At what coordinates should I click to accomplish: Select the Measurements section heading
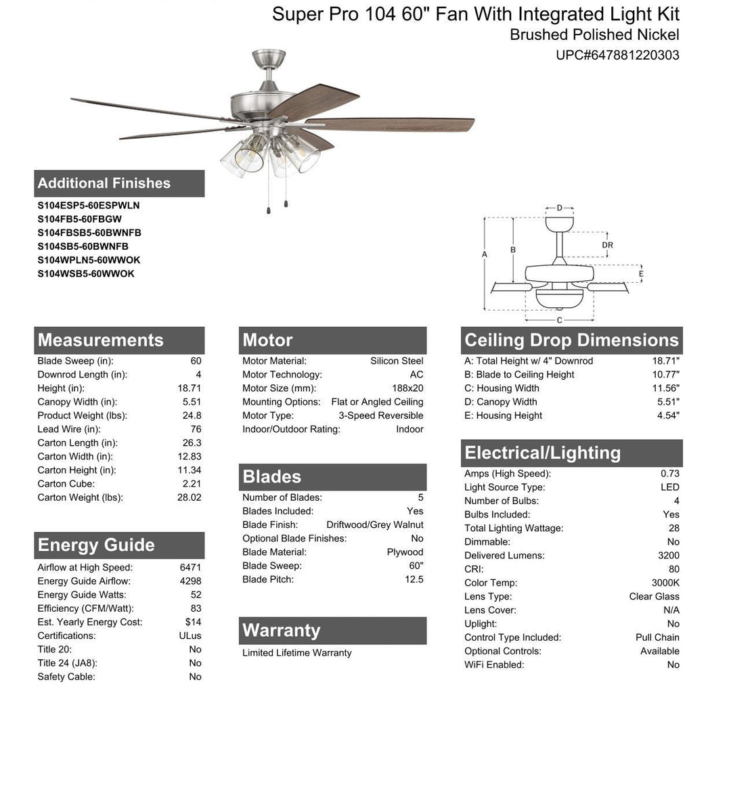[101, 340]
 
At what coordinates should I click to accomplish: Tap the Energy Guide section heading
[96, 545]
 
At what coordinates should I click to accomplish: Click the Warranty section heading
[282, 631]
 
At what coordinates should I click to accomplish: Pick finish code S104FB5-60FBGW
[80, 219]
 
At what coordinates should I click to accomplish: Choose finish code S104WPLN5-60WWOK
[89, 260]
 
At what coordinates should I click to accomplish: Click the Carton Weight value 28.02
[189, 497]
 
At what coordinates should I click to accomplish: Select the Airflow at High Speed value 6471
[190, 568]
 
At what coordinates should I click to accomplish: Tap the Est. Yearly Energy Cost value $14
[193, 622]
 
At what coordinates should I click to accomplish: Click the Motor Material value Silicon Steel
[397, 361]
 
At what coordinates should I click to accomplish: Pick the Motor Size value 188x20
[407, 388]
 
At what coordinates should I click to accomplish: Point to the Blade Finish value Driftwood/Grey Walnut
[374, 525]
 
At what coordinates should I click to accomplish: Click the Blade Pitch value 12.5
[414, 579]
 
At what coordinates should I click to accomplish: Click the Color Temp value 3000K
[665, 583]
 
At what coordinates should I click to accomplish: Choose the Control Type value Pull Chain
[657, 637]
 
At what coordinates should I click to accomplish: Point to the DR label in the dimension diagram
[607, 246]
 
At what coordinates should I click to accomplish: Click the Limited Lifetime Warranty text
[297, 653]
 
